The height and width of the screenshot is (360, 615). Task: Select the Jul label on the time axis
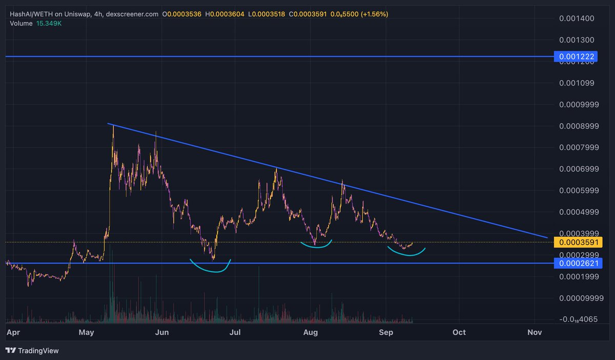236,332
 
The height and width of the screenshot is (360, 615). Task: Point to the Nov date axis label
535,332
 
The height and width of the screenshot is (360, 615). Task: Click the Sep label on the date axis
385,332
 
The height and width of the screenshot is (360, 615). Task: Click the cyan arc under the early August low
316,246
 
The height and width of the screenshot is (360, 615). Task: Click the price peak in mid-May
113,126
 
